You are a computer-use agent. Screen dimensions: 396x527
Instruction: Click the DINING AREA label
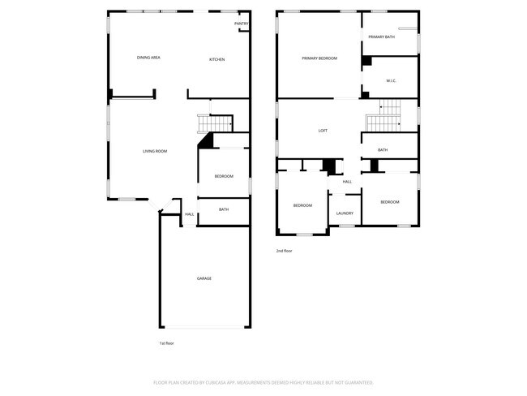click(148, 58)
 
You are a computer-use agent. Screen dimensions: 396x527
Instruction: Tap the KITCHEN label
click(216, 59)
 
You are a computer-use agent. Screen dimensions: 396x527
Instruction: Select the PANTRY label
click(242, 24)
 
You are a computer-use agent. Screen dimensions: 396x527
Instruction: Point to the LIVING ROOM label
click(155, 151)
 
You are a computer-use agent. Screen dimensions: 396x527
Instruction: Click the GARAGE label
click(204, 278)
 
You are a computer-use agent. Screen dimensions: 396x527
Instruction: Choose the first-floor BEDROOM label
click(224, 176)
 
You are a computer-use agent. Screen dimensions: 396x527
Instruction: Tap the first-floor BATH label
click(224, 209)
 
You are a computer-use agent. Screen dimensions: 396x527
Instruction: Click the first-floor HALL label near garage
click(189, 214)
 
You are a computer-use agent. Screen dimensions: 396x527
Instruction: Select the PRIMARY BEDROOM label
click(319, 58)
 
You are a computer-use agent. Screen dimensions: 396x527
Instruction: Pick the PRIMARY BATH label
click(382, 37)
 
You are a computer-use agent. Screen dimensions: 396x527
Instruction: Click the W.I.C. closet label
click(391, 80)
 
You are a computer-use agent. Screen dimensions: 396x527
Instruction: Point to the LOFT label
click(323, 131)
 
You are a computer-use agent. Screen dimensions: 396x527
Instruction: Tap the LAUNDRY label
click(345, 213)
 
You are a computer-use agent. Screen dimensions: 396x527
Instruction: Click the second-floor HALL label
click(347, 181)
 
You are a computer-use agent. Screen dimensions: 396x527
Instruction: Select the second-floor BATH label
click(383, 149)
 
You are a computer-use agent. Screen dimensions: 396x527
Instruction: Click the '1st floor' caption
click(166, 343)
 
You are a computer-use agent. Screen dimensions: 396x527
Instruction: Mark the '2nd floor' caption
click(284, 251)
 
